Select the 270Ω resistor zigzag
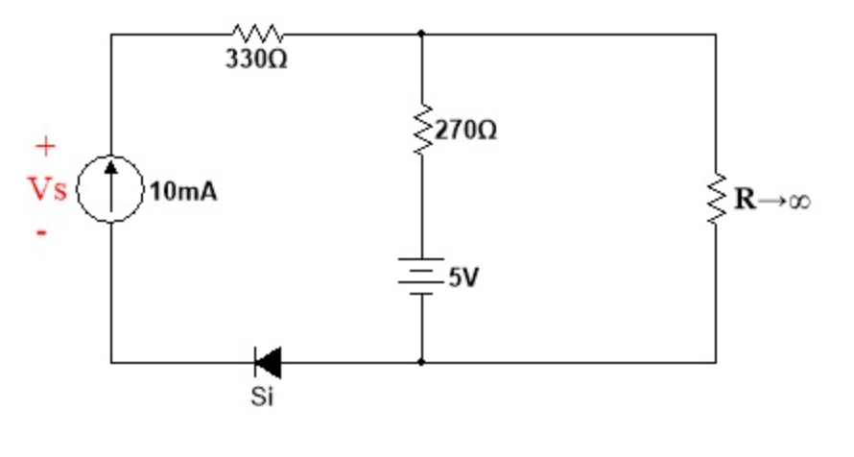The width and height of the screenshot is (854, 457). (x=421, y=130)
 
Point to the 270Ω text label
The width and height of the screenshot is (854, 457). (x=467, y=130)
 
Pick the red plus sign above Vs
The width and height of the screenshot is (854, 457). (x=44, y=147)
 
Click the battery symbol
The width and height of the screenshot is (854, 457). (x=421, y=277)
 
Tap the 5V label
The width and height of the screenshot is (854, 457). (x=463, y=278)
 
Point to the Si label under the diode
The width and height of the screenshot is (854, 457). (x=261, y=396)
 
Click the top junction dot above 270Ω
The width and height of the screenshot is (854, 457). (x=421, y=34)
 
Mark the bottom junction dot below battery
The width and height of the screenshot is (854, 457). (x=421, y=362)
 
